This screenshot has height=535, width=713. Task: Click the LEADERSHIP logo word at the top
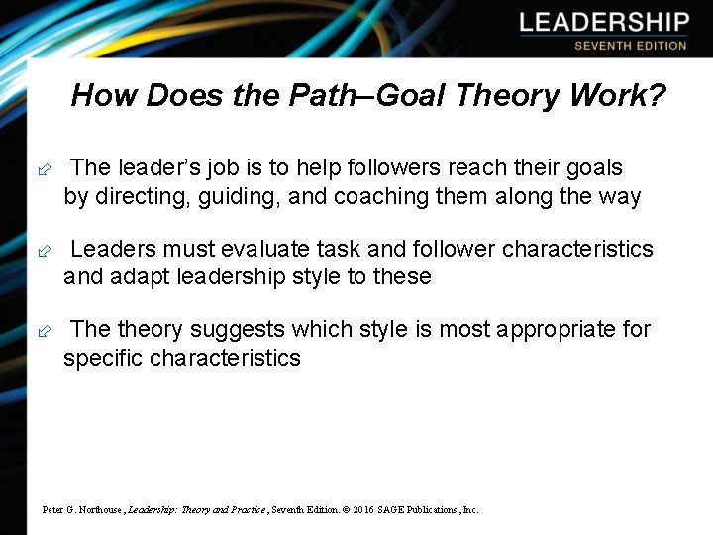tap(604, 22)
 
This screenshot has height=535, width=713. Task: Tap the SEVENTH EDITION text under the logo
tap(631, 45)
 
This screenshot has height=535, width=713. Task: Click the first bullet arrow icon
tap(43, 169)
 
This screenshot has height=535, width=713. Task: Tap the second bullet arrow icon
tap(43, 250)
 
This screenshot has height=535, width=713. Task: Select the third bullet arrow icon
tap(43, 330)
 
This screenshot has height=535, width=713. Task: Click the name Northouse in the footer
tap(97, 509)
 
